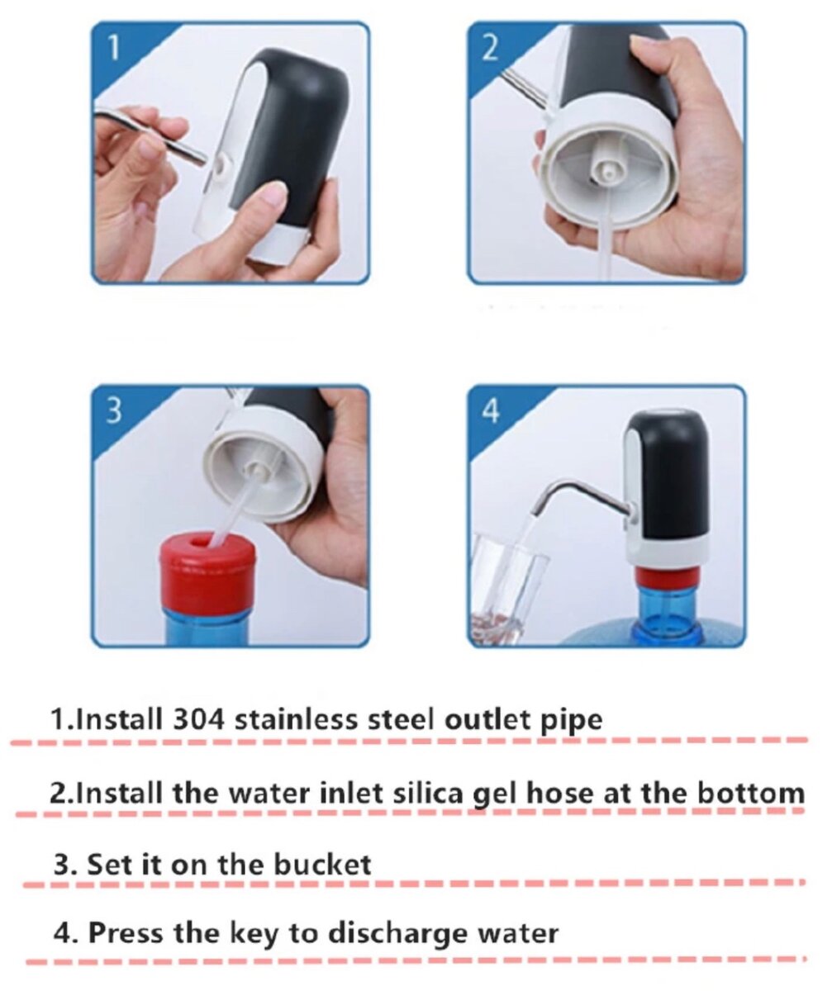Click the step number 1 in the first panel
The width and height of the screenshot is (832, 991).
click(114, 48)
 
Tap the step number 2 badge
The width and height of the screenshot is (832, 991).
click(490, 47)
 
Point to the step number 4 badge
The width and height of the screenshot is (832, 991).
click(491, 410)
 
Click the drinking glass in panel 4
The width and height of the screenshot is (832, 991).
click(507, 586)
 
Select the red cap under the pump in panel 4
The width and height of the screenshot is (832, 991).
click(667, 576)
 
